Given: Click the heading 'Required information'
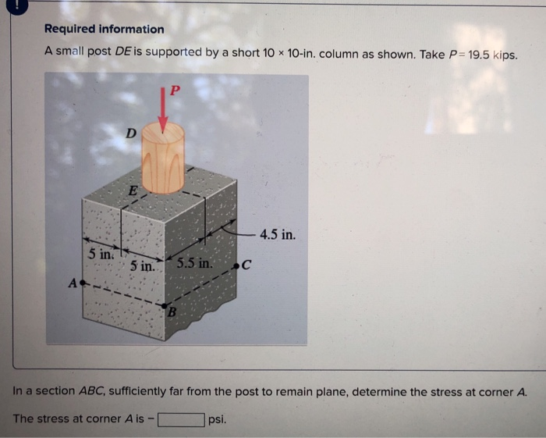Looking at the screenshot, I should pos(104,29).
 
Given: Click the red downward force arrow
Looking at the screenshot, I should pos(163,109).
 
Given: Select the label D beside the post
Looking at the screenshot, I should pos(131,134).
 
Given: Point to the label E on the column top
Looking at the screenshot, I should pos(133,190).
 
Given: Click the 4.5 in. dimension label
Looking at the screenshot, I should pos(278,234).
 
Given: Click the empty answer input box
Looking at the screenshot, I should pos(181,419).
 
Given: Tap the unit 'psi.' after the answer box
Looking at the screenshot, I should pos(218,419).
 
